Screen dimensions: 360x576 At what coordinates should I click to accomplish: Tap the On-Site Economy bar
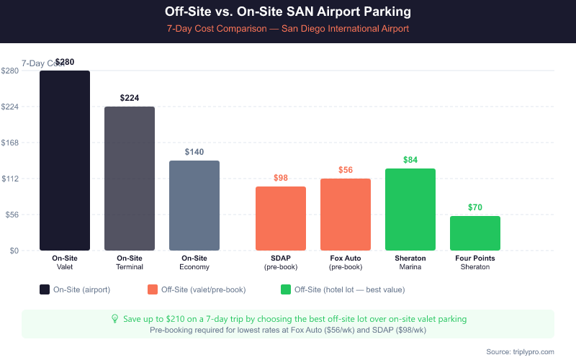pos(194,205)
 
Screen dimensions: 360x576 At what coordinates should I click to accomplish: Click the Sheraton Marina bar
pos(410,210)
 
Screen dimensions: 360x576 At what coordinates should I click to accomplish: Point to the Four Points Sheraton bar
pos(475,233)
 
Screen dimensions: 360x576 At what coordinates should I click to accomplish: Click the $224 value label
pos(130,98)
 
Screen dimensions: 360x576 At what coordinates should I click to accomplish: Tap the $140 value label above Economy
pos(194,152)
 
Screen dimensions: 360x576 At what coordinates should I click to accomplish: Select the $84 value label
pos(410,160)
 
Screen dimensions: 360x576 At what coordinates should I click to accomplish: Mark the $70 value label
pos(475,207)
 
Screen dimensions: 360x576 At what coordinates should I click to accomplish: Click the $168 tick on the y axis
pos(10,143)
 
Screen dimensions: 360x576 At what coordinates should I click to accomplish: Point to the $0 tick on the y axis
pos(14,251)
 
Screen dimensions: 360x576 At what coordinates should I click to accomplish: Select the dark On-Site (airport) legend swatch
pos(45,289)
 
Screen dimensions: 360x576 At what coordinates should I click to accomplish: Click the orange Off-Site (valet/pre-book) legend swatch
pos(153,289)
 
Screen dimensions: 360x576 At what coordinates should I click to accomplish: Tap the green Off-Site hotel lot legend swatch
pos(286,289)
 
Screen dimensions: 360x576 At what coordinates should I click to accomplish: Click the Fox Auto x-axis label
pos(346,262)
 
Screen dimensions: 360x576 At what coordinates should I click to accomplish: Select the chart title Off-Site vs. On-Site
pos(288,12)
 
